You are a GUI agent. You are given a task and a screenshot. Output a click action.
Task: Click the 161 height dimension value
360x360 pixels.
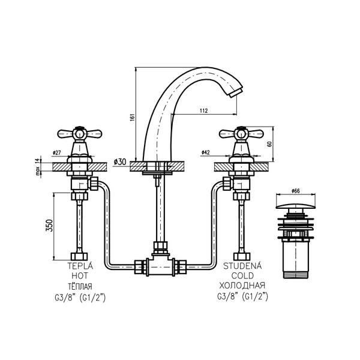(x=133, y=118)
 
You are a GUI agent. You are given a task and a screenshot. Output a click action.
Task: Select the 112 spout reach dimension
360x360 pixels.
(x=203, y=110)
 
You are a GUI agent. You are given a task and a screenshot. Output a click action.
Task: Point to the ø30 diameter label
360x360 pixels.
(x=120, y=162)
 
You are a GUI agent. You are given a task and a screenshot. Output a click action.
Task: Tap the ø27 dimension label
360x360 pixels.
(x=56, y=152)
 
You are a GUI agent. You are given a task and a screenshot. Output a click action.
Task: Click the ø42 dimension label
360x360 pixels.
(x=205, y=152)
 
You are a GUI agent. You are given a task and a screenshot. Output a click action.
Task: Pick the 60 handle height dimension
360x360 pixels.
(x=269, y=144)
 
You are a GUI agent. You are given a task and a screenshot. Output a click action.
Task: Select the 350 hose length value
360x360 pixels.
(x=50, y=226)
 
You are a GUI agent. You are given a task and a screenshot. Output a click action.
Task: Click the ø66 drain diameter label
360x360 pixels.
(x=295, y=191)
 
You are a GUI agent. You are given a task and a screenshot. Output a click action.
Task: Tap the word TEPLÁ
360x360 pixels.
(x=80, y=266)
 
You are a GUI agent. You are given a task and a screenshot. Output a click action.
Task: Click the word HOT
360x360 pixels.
(x=80, y=276)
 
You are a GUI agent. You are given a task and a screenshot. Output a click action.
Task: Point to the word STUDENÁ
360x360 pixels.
(x=242, y=266)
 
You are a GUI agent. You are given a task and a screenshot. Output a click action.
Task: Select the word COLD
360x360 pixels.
(x=242, y=275)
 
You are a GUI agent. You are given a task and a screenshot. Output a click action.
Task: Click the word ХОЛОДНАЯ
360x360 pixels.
(x=242, y=286)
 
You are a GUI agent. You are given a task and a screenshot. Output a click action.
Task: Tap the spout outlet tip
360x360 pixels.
(x=236, y=91)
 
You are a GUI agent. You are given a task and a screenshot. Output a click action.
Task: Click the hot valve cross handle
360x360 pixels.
(x=79, y=133)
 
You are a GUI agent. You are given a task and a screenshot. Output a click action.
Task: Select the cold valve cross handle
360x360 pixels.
(x=242, y=133)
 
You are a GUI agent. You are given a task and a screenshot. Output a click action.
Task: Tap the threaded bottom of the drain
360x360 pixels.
(x=295, y=275)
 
